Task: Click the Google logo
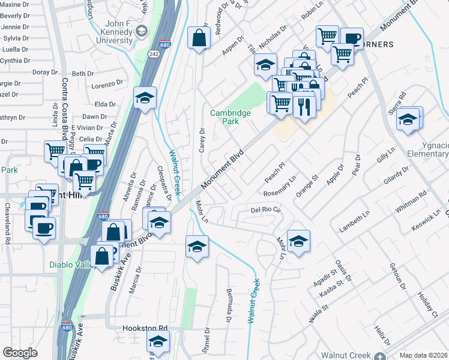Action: click(20, 353)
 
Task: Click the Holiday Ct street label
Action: click(427, 304)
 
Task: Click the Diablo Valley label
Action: click(71, 265)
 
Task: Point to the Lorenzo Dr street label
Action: click(107, 86)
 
